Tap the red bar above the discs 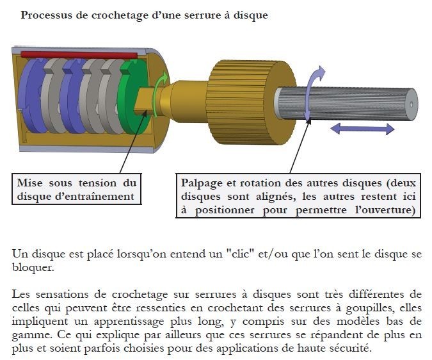(79, 55)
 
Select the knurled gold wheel (252, 102)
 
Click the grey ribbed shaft (347, 104)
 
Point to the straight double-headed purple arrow (362, 129)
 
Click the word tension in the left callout (97, 183)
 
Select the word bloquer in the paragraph (33, 267)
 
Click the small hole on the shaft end (412, 104)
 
